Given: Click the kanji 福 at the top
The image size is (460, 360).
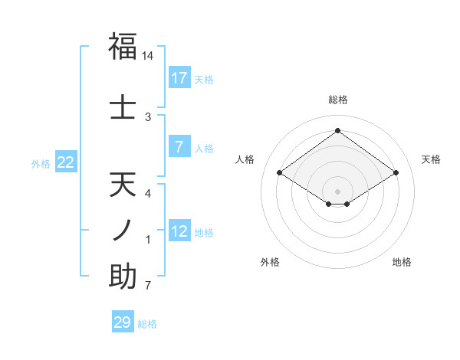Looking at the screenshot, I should pos(123,47).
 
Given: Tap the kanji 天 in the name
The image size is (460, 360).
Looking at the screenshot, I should pos(123,186).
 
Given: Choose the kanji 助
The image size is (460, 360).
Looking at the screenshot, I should pos(123,277).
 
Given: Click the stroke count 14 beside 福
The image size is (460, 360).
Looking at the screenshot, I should pos(148,56).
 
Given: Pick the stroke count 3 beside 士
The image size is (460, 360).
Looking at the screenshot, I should pos(148,116).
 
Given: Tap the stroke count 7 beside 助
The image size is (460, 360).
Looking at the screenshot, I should pos(148,286).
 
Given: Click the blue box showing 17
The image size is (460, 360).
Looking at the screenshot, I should pos(179,78).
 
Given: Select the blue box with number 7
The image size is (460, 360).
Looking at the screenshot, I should pos(179,147).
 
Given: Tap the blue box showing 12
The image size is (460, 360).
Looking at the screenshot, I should pos(179,231).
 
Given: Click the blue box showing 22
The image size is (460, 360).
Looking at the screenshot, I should pos(66,162).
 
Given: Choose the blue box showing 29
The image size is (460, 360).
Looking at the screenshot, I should pos(123,322).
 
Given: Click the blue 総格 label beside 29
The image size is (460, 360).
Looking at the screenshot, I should pos(147,324).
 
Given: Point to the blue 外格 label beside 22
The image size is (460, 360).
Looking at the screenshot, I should pos(41,164).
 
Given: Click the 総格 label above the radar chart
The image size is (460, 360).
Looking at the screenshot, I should pos(337,100).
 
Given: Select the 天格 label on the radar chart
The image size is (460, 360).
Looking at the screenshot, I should pos(431,159).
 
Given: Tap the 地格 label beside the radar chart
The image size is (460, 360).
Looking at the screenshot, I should pos(402,262).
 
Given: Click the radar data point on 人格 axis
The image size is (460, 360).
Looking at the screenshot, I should pos(280,173).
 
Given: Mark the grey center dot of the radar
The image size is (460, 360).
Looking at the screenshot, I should pos(337,190).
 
